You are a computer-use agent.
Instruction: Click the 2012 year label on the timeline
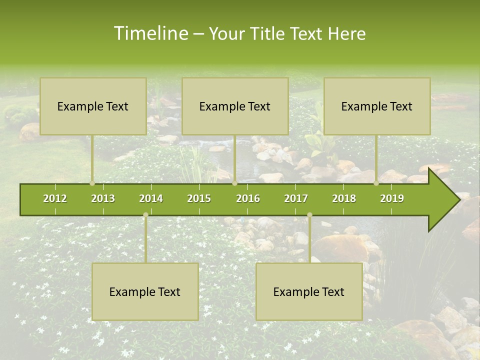tap(55, 198)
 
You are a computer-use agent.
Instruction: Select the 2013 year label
tap(103, 198)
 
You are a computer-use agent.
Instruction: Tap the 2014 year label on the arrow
tap(151, 198)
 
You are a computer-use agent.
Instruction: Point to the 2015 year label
tap(199, 198)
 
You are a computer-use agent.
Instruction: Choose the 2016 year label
tap(248, 198)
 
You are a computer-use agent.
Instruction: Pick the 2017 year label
tap(296, 198)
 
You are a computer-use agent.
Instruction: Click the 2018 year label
tap(344, 198)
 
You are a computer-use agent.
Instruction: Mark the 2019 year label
tap(392, 198)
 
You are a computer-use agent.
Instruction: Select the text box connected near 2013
tap(93, 106)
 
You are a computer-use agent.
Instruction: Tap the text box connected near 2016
tap(235, 106)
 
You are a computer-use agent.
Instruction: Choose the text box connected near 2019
tap(377, 106)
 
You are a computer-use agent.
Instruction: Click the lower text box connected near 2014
tap(145, 291)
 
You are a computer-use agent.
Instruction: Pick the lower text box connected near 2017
tap(309, 291)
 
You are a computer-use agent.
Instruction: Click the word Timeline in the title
tap(150, 33)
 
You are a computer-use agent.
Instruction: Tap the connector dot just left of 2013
tap(92, 183)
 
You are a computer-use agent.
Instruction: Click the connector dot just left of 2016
tap(234, 183)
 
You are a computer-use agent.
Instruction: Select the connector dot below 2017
tap(309, 215)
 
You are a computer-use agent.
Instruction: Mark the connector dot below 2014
tap(145, 215)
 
